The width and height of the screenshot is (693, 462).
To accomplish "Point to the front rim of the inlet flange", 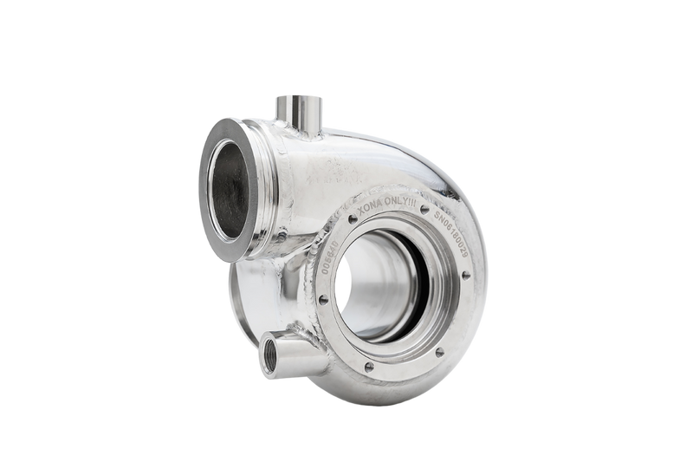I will coord(208,186).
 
